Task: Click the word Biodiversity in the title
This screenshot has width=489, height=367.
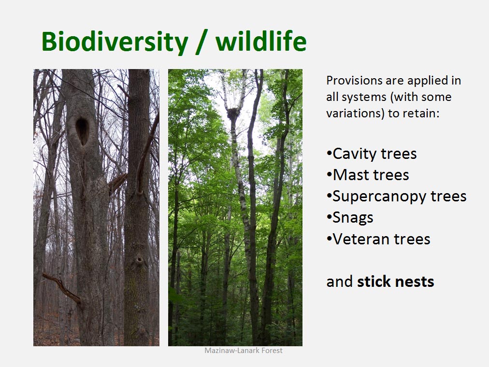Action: [115, 42]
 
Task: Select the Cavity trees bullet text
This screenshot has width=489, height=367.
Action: [372, 154]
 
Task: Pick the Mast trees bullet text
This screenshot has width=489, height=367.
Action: [368, 175]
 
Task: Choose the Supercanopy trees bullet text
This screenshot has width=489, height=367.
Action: [396, 197]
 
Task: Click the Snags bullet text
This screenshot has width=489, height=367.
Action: [350, 218]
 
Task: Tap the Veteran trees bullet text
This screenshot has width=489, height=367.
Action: [378, 239]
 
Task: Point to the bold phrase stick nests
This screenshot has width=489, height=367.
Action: [395, 282]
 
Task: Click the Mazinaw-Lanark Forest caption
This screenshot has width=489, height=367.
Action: [244, 351]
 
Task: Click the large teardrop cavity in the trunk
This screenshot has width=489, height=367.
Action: [82, 131]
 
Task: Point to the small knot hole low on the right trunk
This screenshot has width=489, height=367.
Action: [139, 259]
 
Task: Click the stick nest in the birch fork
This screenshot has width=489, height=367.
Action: [233, 113]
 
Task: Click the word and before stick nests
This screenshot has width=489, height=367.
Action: [340, 282]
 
